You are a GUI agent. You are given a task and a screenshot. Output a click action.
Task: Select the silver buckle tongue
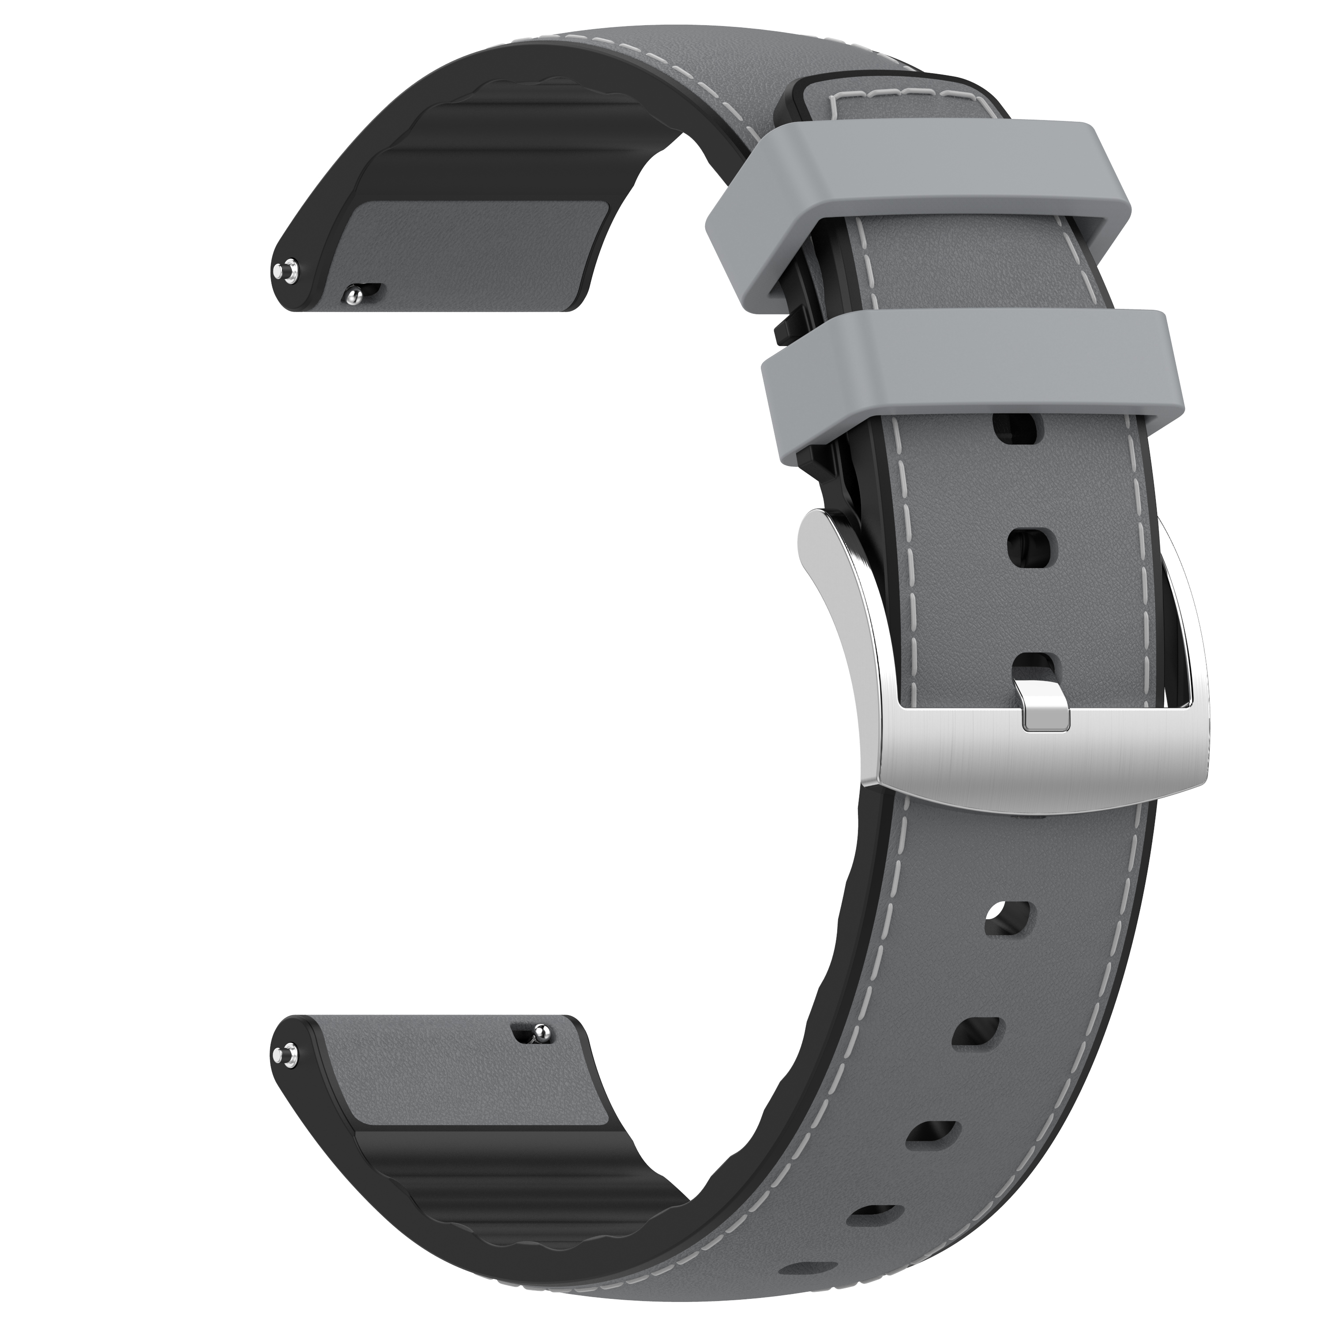1045,706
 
